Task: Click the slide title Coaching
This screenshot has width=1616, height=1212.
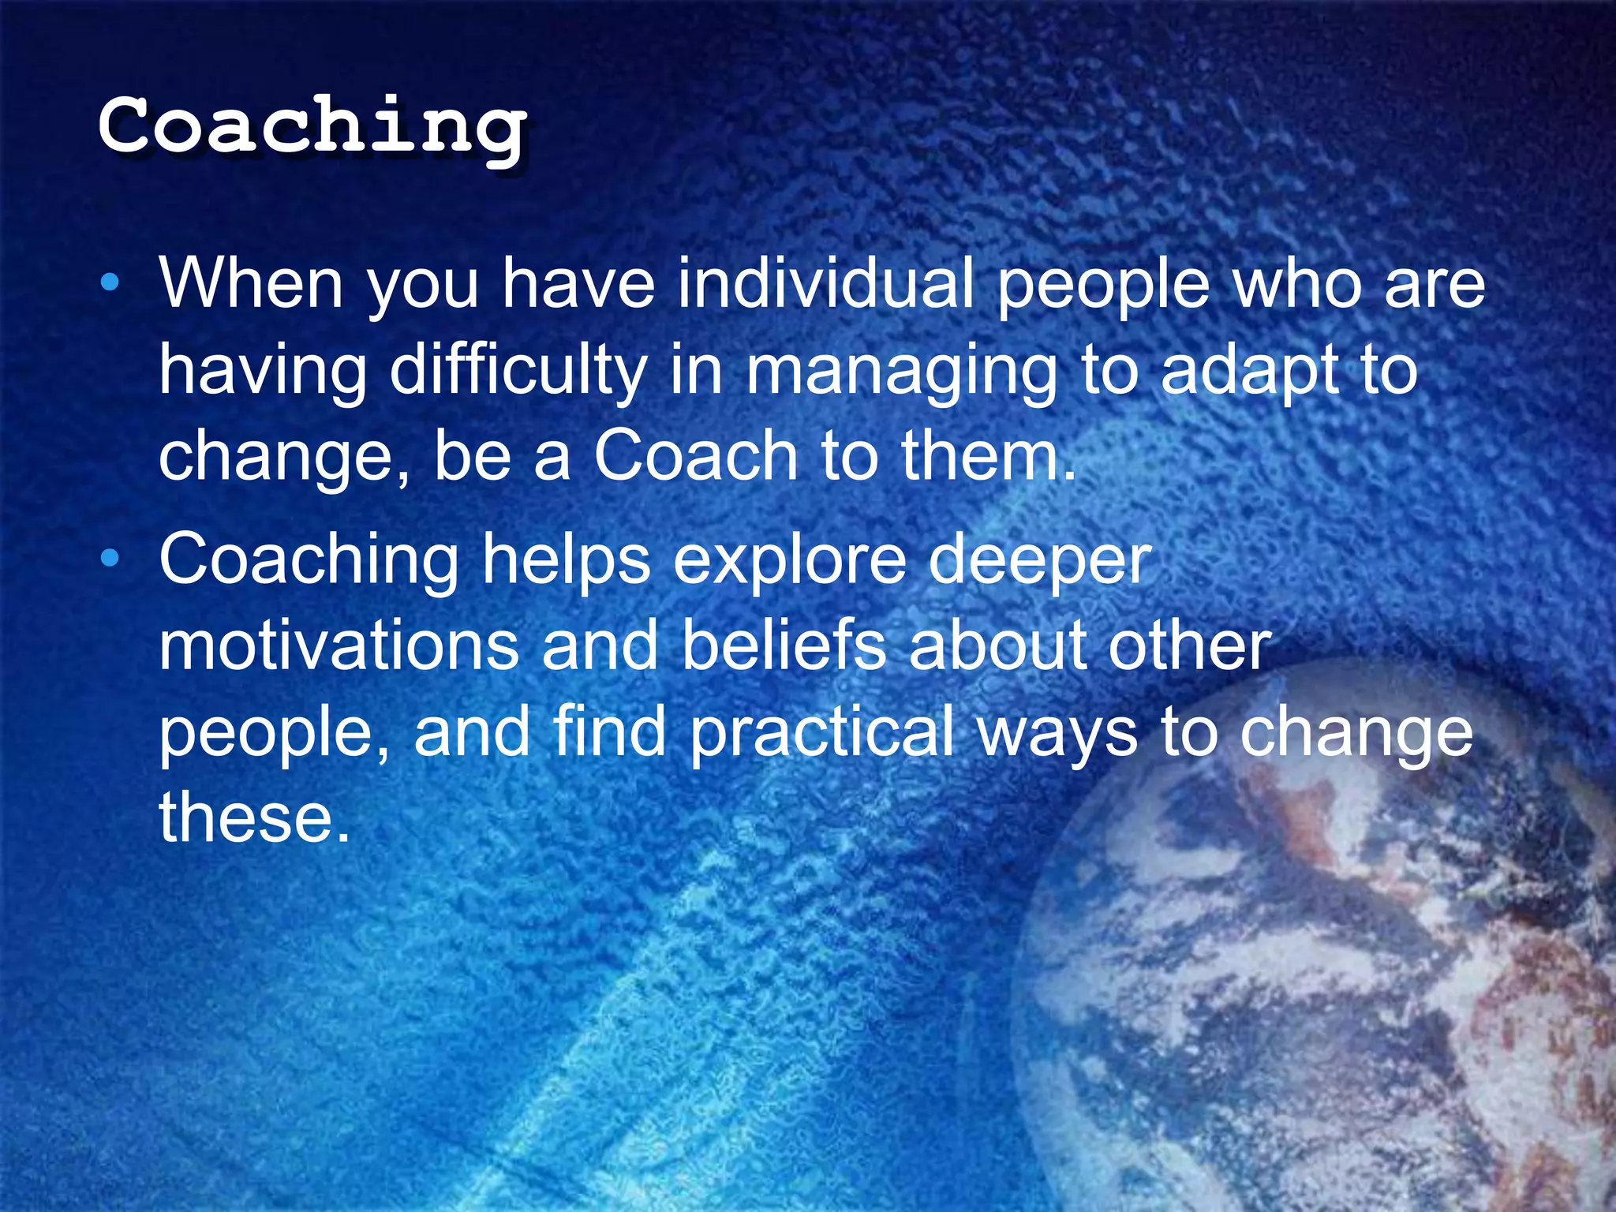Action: pyautogui.click(x=312, y=126)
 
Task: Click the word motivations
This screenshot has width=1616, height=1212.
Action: pyautogui.click(x=339, y=645)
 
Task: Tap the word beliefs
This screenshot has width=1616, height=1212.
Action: pyautogui.click(x=784, y=645)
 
